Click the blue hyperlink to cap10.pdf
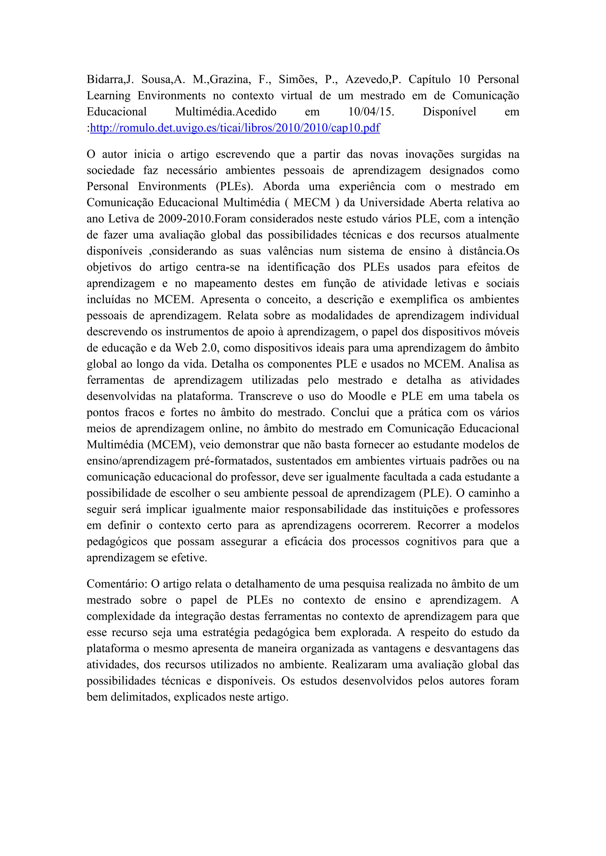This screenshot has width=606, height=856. point(235,128)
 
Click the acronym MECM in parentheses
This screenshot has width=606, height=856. point(312,202)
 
